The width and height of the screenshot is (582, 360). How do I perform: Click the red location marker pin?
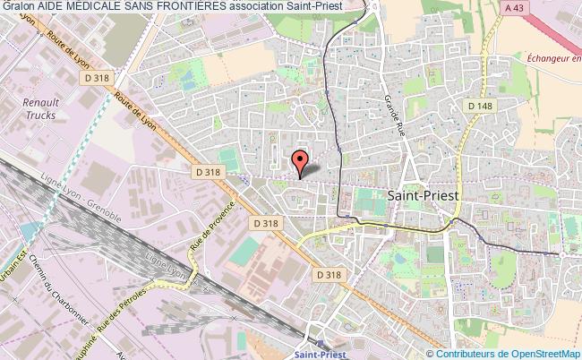tap(300, 162)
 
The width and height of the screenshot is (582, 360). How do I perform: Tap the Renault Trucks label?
tap(39, 108)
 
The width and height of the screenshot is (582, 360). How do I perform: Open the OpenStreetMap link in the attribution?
tap(538, 354)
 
